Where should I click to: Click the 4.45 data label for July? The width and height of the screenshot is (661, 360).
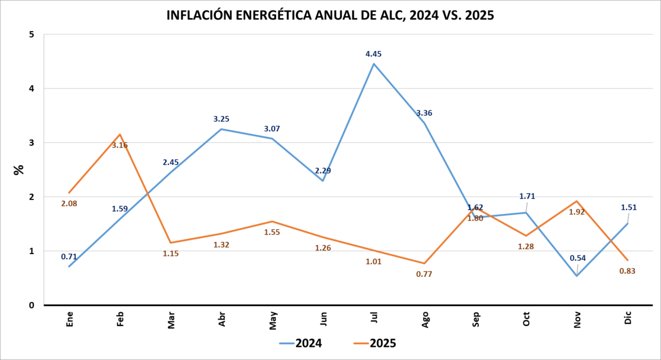click(x=373, y=54)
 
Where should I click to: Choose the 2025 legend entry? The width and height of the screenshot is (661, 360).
click(x=375, y=343)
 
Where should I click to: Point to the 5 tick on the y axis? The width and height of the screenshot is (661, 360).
click(x=32, y=34)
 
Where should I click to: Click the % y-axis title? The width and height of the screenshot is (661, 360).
click(x=19, y=169)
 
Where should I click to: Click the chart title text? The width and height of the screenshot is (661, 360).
click(x=330, y=16)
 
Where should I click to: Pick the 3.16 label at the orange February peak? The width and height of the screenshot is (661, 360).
click(x=120, y=146)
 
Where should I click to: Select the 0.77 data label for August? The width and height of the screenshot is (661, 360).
click(x=425, y=274)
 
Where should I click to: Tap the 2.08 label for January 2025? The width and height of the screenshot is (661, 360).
click(x=69, y=204)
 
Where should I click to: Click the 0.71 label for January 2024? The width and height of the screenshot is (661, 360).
click(x=69, y=257)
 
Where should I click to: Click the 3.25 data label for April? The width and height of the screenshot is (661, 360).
click(x=221, y=119)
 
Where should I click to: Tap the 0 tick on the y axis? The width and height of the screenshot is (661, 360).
click(x=32, y=305)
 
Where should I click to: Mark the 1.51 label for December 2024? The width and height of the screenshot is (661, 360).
click(x=628, y=208)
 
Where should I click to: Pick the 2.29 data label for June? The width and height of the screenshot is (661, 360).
click(x=323, y=171)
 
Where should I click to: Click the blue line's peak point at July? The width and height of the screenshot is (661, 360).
click(x=374, y=64)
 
